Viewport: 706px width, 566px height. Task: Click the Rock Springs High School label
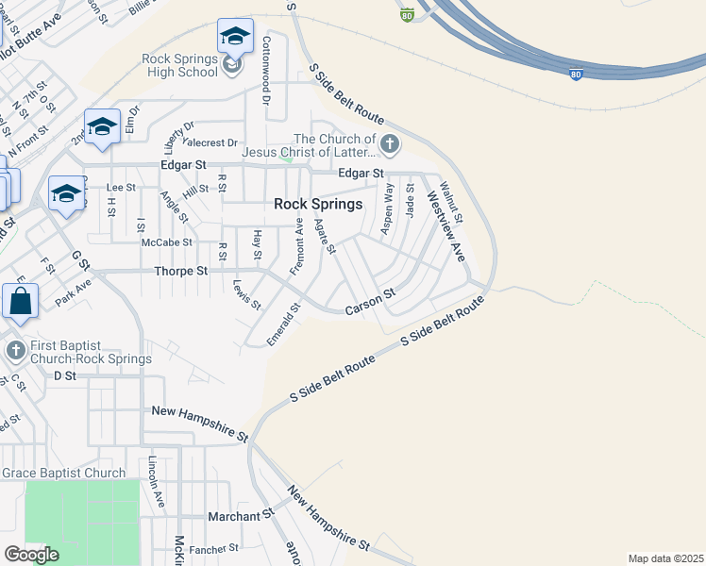179,65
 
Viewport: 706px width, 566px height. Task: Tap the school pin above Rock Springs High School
234,39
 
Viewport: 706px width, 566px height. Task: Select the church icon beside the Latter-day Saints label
389,145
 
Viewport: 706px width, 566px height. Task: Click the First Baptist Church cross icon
15,351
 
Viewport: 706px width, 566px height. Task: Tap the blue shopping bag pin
20,303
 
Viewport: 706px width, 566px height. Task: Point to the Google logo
31,555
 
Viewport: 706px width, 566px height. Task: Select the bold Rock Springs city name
317,204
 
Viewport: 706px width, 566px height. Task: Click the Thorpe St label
180,272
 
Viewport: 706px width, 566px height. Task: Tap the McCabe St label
166,242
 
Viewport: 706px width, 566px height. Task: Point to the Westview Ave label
445,226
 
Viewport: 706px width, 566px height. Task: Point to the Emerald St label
283,324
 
